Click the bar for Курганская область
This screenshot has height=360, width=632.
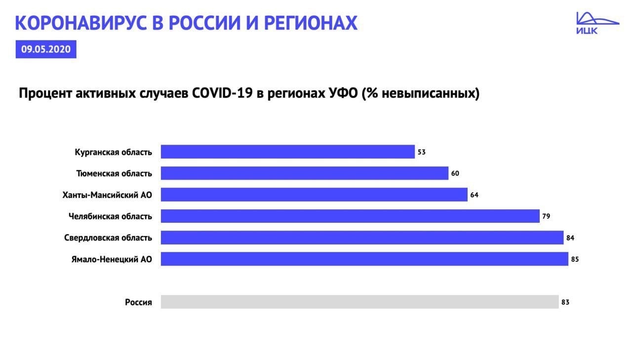(x=288, y=152)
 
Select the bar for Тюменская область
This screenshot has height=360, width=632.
(x=305, y=173)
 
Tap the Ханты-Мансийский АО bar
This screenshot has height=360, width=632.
(x=314, y=195)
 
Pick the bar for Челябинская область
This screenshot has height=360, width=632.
(x=350, y=216)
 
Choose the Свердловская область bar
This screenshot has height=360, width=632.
(x=362, y=238)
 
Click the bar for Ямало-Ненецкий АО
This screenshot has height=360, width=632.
(x=364, y=259)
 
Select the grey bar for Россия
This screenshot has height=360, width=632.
(x=360, y=302)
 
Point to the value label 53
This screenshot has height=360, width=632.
(x=422, y=152)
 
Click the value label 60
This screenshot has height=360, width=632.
(x=455, y=173)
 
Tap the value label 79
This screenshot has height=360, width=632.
(x=546, y=216)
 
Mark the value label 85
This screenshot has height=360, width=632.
(x=575, y=259)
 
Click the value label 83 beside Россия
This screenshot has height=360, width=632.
(x=565, y=302)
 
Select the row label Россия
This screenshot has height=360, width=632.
(x=139, y=302)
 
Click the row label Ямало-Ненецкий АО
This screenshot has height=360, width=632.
(x=112, y=259)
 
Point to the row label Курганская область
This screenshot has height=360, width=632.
(x=114, y=153)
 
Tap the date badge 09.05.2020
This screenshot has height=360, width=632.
(x=46, y=49)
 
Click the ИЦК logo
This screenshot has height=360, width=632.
(x=597, y=23)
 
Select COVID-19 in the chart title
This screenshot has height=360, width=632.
(x=222, y=93)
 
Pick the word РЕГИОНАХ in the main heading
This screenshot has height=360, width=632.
(x=311, y=23)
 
